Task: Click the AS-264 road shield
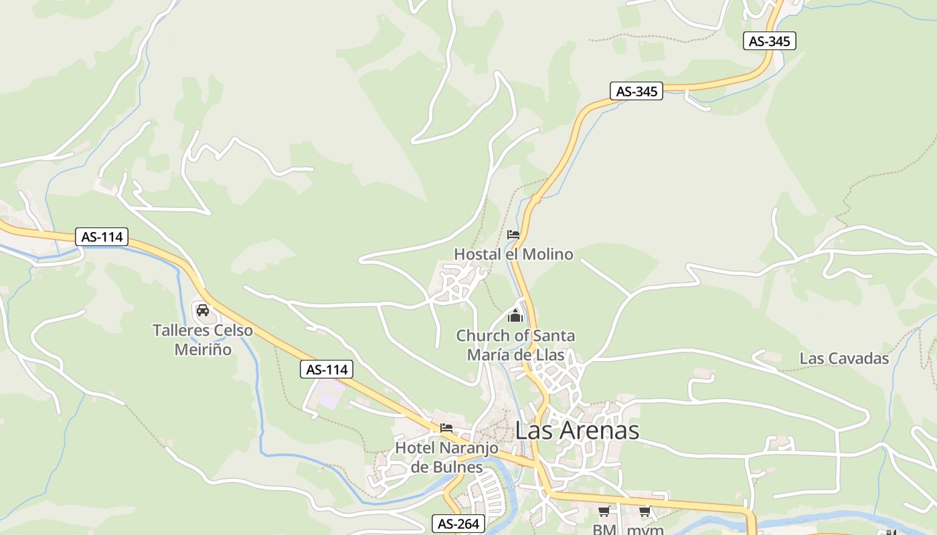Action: click(458, 524)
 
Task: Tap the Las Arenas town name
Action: click(577, 430)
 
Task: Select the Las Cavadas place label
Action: click(844, 358)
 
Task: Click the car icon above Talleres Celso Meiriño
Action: click(203, 310)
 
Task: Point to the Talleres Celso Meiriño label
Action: click(203, 340)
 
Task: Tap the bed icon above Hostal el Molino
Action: click(513, 235)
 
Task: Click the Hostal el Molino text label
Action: click(513, 254)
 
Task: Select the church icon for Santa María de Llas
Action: click(515, 316)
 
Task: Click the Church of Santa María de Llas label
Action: click(515, 345)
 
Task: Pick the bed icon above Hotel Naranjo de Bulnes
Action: click(446, 428)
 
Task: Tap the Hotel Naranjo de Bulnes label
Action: click(446, 457)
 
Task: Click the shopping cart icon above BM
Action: click(604, 512)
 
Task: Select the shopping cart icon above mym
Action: click(645, 512)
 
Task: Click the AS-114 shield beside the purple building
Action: click(327, 369)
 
